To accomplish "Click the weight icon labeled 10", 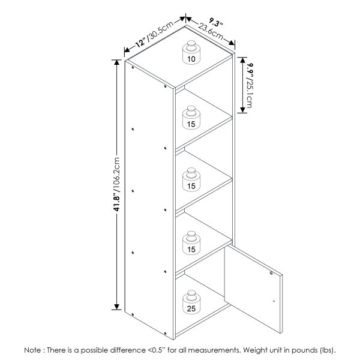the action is [x=191, y=53].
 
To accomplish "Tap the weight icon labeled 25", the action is [x=191, y=302].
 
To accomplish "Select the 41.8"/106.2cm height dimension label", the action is [x=116, y=184].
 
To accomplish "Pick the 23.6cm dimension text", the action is [x=211, y=31].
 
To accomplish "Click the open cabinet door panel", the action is [x=253, y=289].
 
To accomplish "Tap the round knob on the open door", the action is [x=271, y=273].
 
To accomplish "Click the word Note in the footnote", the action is [x=33, y=350].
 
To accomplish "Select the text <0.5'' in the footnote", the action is [x=155, y=350].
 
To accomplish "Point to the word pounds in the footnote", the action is [x=304, y=350].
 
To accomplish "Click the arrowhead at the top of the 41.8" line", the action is [x=116, y=62].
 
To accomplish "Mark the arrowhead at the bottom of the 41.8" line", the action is [x=116, y=307].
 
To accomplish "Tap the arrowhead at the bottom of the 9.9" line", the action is [x=243, y=110].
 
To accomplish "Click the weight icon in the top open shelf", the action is [x=191, y=118].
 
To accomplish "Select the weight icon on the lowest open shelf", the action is [x=191, y=243].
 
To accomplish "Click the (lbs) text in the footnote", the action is [x=327, y=350].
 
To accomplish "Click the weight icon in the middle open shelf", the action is [x=191, y=179].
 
